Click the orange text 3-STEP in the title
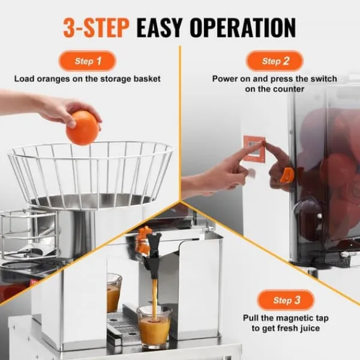click(96, 28)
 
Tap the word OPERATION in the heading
click(242, 28)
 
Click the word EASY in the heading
click(160, 28)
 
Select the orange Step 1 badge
click(88, 61)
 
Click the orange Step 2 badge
click(275, 61)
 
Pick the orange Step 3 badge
click(286, 300)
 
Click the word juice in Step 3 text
click(310, 328)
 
